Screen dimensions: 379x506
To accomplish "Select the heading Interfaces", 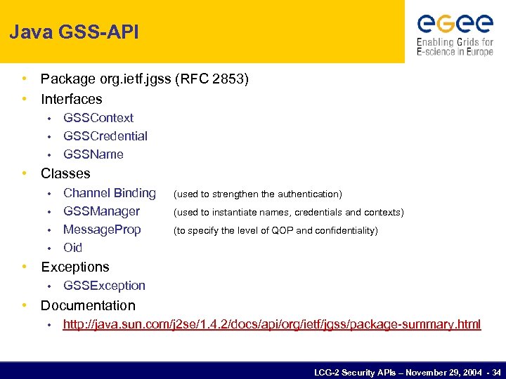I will pyautogui.click(x=71, y=99).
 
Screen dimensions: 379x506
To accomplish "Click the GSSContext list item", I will pyautogui.click(x=98, y=118).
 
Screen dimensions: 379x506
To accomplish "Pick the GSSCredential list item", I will pyautogui.click(x=105, y=136).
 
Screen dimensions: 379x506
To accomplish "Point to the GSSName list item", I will pyautogui.click(x=93, y=154).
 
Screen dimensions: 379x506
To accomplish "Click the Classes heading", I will pyautogui.click(x=65, y=173).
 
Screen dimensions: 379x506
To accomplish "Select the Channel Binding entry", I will pyautogui.click(x=109, y=193).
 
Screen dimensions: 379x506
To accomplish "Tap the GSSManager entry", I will pyautogui.click(x=101, y=211).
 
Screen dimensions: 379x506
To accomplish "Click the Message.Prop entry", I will pyautogui.click(x=102, y=230).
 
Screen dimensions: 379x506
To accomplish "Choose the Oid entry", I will pyautogui.click(x=72, y=248).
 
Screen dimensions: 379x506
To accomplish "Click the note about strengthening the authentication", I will pyautogui.click(x=257, y=194).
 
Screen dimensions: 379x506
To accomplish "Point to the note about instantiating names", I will pyautogui.click(x=288, y=212).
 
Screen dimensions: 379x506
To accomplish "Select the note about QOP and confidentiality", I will pyautogui.click(x=275, y=230).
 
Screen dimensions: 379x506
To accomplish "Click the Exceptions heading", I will pyautogui.click(x=75, y=267).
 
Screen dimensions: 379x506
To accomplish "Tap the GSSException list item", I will pyautogui.click(x=104, y=286).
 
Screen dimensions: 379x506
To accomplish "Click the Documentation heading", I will pyautogui.click(x=88, y=305).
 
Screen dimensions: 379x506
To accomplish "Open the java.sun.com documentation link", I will pyautogui.click(x=272, y=324).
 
